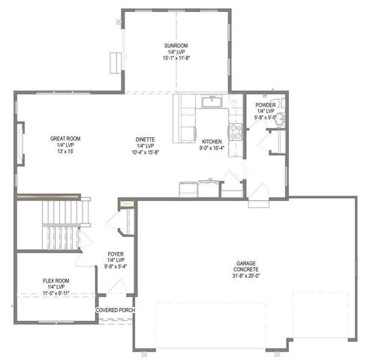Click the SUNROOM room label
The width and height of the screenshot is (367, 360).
[x=176, y=45]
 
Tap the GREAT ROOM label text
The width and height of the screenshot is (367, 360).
[x=65, y=139]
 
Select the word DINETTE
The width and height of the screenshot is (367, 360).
[x=146, y=139]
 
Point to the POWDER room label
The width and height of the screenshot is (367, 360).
[x=266, y=105]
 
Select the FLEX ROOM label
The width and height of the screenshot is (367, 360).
[x=56, y=280]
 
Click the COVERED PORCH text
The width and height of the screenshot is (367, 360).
[x=115, y=310]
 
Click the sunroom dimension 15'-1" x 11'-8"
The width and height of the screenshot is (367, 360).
[x=176, y=58]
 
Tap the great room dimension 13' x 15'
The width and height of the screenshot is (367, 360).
[x=65, y=152]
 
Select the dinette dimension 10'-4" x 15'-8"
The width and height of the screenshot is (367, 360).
[x=146, y=152]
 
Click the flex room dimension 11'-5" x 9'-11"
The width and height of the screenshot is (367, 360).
[x=56, y=293]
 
